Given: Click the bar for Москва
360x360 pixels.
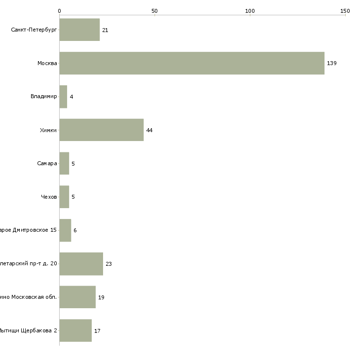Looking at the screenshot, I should coord(192,63).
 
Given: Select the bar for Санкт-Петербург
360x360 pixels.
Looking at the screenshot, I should coord(79,30).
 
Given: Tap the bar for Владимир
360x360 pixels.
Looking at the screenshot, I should coord(63,97).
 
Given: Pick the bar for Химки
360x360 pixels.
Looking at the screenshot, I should coord(102,130).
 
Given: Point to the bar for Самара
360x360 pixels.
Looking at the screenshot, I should coord(64,163).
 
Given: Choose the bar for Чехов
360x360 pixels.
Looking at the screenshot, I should coord(64,197).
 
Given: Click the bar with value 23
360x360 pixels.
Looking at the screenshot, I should coord(81,264).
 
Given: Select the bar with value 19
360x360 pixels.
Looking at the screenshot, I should coord(77,297).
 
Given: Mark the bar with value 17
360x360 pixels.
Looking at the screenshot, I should coord(75,330).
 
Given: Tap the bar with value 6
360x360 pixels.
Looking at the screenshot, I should coord(65,230).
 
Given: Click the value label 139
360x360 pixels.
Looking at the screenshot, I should coord(331,64).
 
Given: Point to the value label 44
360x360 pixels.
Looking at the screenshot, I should coord(149,130).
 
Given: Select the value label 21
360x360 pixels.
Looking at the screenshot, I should coord(105,30).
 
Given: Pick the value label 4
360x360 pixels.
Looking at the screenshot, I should coord(72,97).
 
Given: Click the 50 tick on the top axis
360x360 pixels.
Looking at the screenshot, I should coord(154,11).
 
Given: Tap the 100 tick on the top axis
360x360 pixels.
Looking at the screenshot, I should coord(250,11).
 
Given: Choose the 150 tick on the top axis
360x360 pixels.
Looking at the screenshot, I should coord(345,11).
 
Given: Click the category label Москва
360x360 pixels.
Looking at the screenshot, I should coord(47,63).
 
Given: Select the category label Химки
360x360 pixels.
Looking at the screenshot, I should coord(48,130).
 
